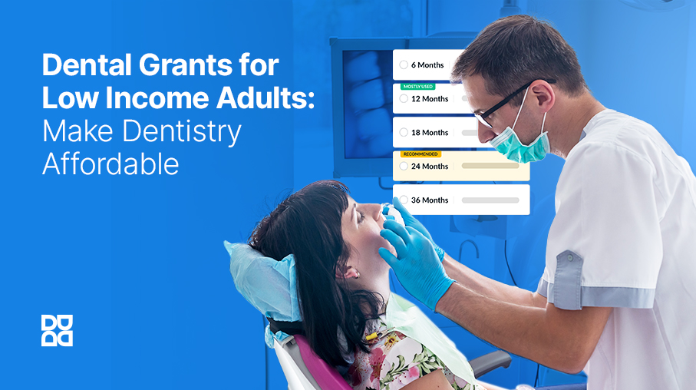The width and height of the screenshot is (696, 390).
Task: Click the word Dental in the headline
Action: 87,64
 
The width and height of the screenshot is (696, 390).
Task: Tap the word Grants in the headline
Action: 186,64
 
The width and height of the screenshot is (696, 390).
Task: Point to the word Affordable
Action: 111,164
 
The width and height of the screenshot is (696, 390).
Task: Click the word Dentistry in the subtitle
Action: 182,132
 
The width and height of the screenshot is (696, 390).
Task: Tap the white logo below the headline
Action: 58,330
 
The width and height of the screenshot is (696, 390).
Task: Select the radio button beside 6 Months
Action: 404,64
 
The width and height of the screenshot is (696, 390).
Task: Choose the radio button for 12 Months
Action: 404,98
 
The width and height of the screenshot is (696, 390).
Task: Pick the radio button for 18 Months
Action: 404,132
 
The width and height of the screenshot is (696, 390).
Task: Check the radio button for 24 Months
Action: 404,166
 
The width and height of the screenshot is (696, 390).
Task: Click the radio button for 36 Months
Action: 404,200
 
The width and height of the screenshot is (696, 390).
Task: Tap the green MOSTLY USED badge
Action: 417,87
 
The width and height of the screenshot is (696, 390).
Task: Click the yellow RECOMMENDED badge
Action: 421,154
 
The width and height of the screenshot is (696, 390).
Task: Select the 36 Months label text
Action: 430,200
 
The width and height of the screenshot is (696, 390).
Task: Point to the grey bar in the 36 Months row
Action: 490,200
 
